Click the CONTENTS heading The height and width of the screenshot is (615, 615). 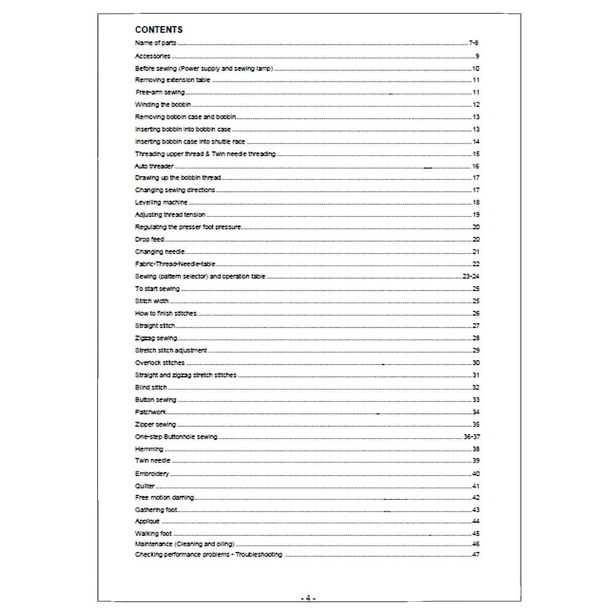point(158,30)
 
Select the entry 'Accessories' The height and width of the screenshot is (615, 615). point(153,56)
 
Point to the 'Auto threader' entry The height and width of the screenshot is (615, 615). point(154,166)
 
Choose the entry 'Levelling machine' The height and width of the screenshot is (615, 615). point(161,202)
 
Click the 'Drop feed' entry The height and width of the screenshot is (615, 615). point(149,239)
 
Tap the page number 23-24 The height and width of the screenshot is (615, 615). point(470,277)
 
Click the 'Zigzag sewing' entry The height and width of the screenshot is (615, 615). point(156,338)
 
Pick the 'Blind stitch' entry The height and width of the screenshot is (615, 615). point(151,387)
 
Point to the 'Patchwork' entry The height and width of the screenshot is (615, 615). point(150,412)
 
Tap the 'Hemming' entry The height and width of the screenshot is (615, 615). point(149,449)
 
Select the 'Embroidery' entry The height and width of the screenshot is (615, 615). point(151,474)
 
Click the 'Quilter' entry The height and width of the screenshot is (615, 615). point(145,486)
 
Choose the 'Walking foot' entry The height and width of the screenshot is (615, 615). point(153,533)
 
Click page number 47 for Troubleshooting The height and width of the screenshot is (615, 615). point(475,555)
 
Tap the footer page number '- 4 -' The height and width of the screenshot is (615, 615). point(307,597)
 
